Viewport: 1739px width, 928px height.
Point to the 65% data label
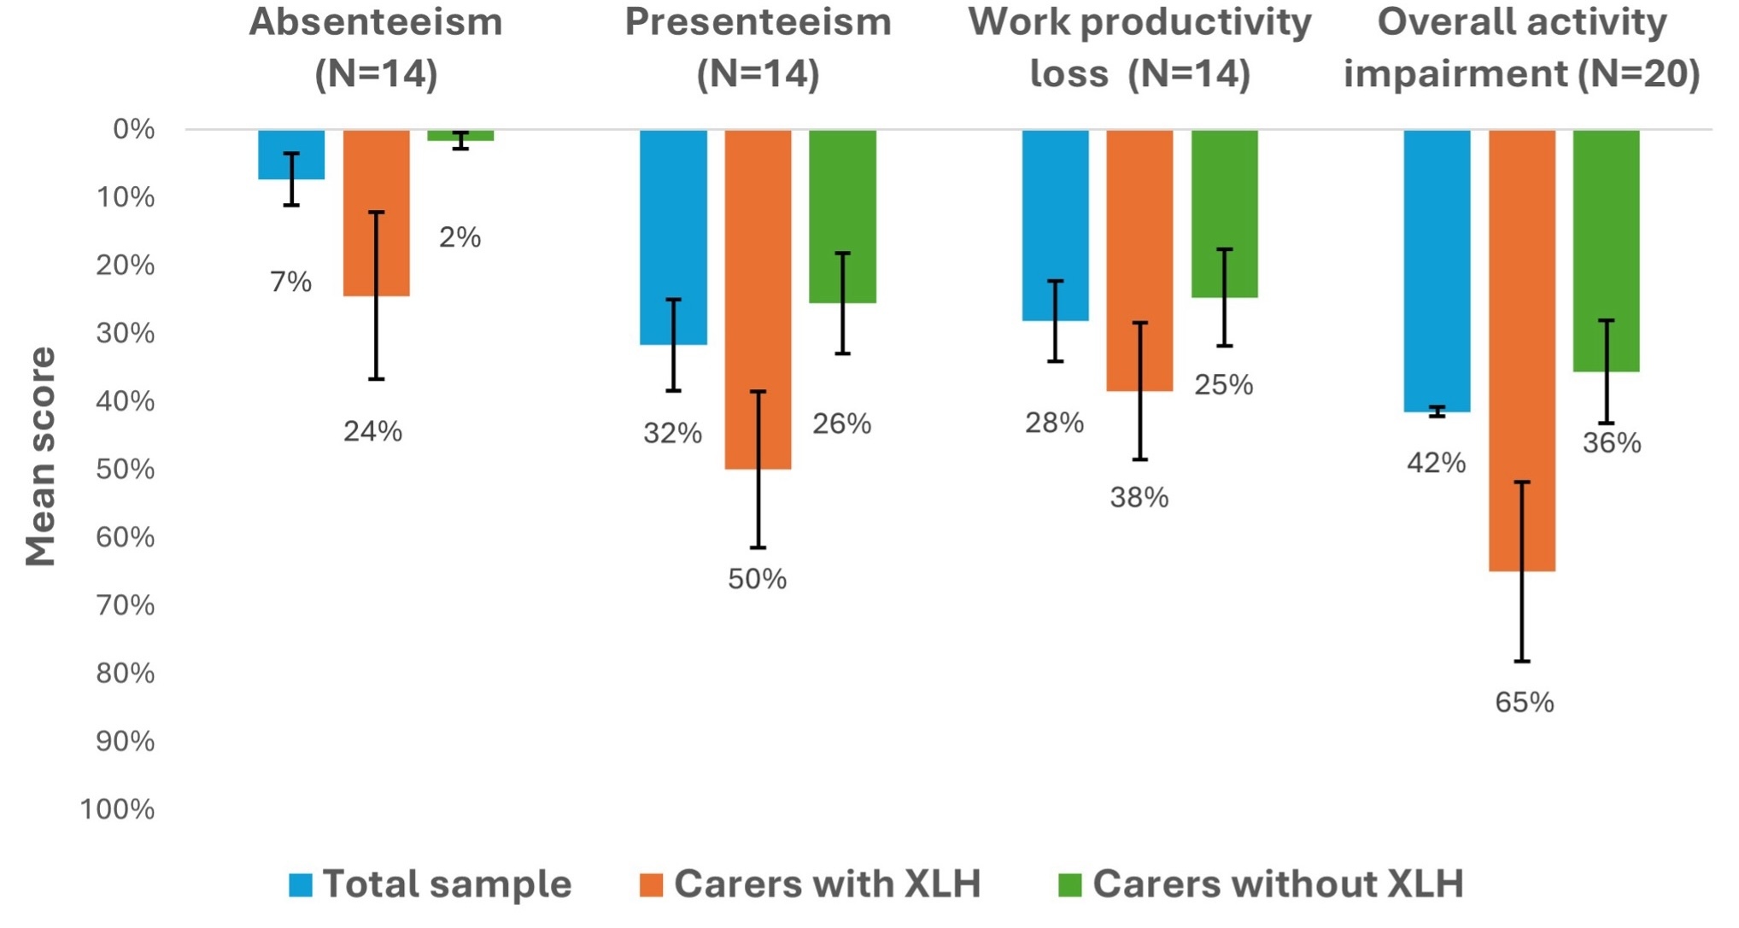[1524, 703]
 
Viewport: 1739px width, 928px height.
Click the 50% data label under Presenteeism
[757, 580]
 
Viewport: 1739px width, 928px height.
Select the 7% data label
[290, 282]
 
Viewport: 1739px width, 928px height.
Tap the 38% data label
[1139, 498]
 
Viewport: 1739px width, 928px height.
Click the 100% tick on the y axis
[117, 809]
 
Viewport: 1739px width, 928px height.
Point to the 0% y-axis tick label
[134, 130]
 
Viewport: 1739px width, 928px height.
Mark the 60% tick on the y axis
[125, 538]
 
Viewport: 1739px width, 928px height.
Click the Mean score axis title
[40, 457]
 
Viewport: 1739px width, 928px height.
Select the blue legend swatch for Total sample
[301, 885]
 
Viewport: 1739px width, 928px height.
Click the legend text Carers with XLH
[827, 884]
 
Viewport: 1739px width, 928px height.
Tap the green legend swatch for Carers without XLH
[1069, 885]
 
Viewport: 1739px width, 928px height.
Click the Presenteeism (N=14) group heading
[758, 48]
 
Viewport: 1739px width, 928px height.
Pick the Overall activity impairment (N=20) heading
[1521, 48]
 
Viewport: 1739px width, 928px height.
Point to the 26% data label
[841, 424]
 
